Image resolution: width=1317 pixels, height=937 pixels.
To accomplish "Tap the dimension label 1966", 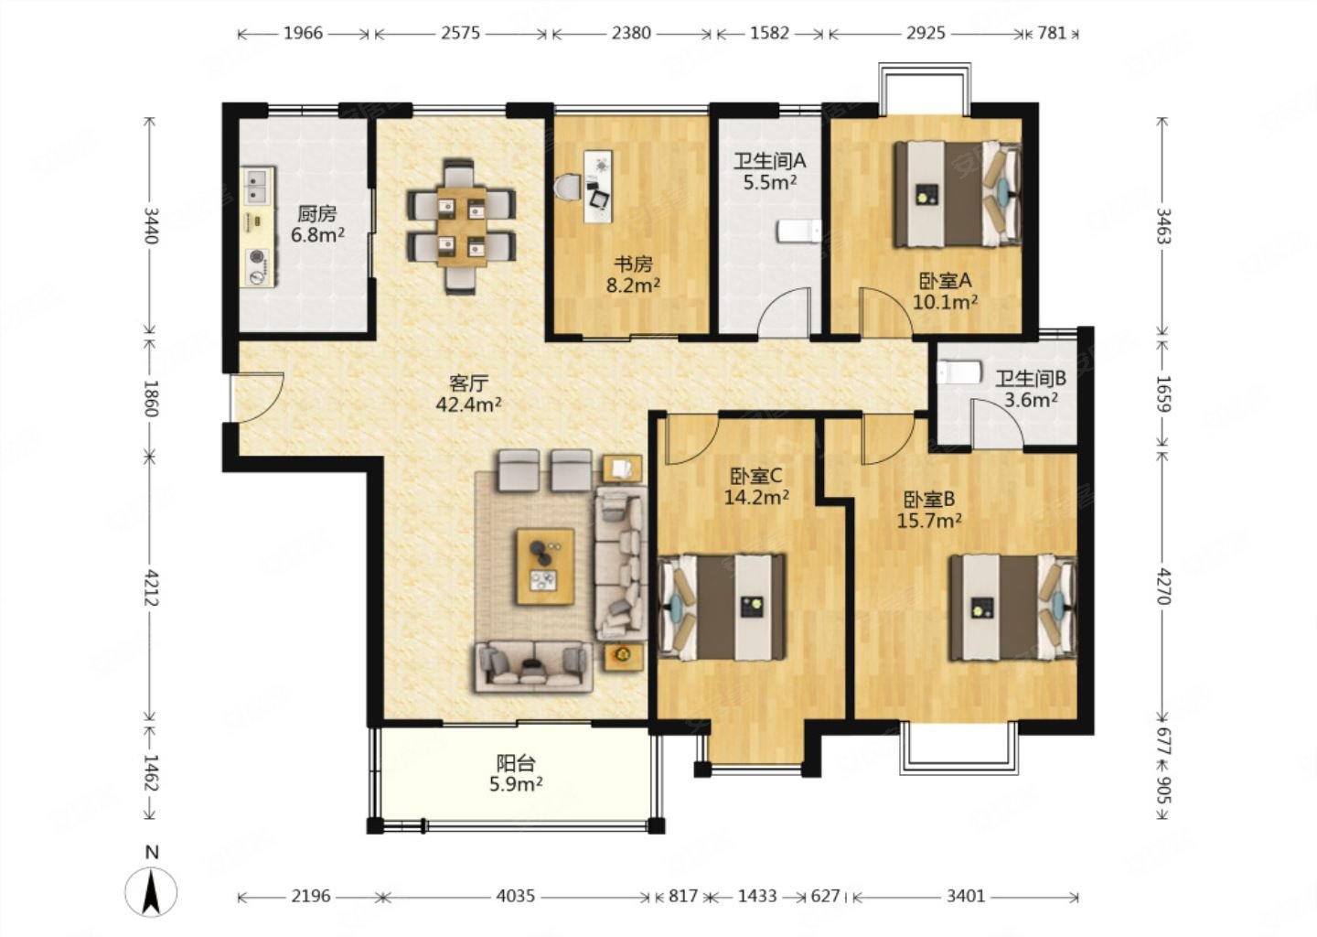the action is (304, 33).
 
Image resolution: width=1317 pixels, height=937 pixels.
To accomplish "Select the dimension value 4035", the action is (516, 896).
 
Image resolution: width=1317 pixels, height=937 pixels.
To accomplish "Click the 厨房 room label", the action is (316, 213).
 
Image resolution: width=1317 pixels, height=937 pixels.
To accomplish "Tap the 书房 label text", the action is (633, 264).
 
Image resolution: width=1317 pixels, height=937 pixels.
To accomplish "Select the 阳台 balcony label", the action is (516, 763).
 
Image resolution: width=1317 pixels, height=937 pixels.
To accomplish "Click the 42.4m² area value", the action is (468, 404).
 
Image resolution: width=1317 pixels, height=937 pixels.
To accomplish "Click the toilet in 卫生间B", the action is (958, 372).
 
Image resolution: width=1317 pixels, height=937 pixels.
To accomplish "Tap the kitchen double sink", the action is (258, 185).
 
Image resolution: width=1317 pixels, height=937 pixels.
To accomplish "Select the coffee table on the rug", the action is (545, 566).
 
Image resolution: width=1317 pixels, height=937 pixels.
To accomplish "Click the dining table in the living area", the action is (462, 226).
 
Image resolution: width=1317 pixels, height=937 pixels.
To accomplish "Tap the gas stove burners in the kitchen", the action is (258, 267).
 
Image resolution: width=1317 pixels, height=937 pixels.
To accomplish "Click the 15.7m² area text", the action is (929, 521).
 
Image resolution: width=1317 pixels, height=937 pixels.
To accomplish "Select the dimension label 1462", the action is (152, 771).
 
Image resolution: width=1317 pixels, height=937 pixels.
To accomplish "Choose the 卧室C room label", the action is (756, 476).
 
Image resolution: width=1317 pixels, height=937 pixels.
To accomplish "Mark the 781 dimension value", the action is (1052, 33).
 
